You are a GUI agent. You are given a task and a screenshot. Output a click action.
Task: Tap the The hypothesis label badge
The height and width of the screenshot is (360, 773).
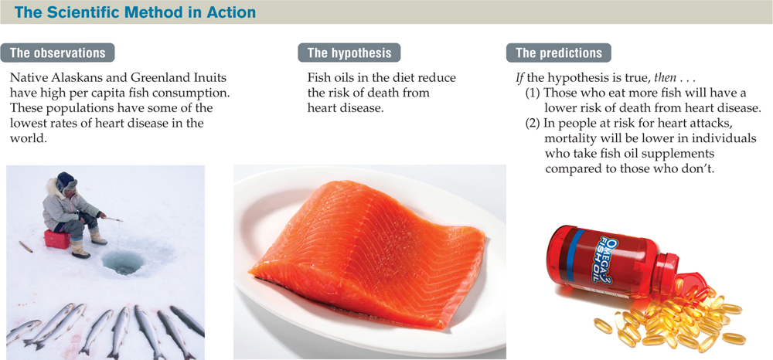pyautogui.click(x=349, y=53)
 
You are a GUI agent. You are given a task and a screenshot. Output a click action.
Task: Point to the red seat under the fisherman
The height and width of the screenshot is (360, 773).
pyautogui.click(x=56, y=239)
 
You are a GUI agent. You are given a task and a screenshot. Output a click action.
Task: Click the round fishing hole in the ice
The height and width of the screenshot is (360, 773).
pyautogui.click(x=121, y=263)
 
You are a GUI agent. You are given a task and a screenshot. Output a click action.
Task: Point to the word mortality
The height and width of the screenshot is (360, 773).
pyautogui.click(x=572, y=137)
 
